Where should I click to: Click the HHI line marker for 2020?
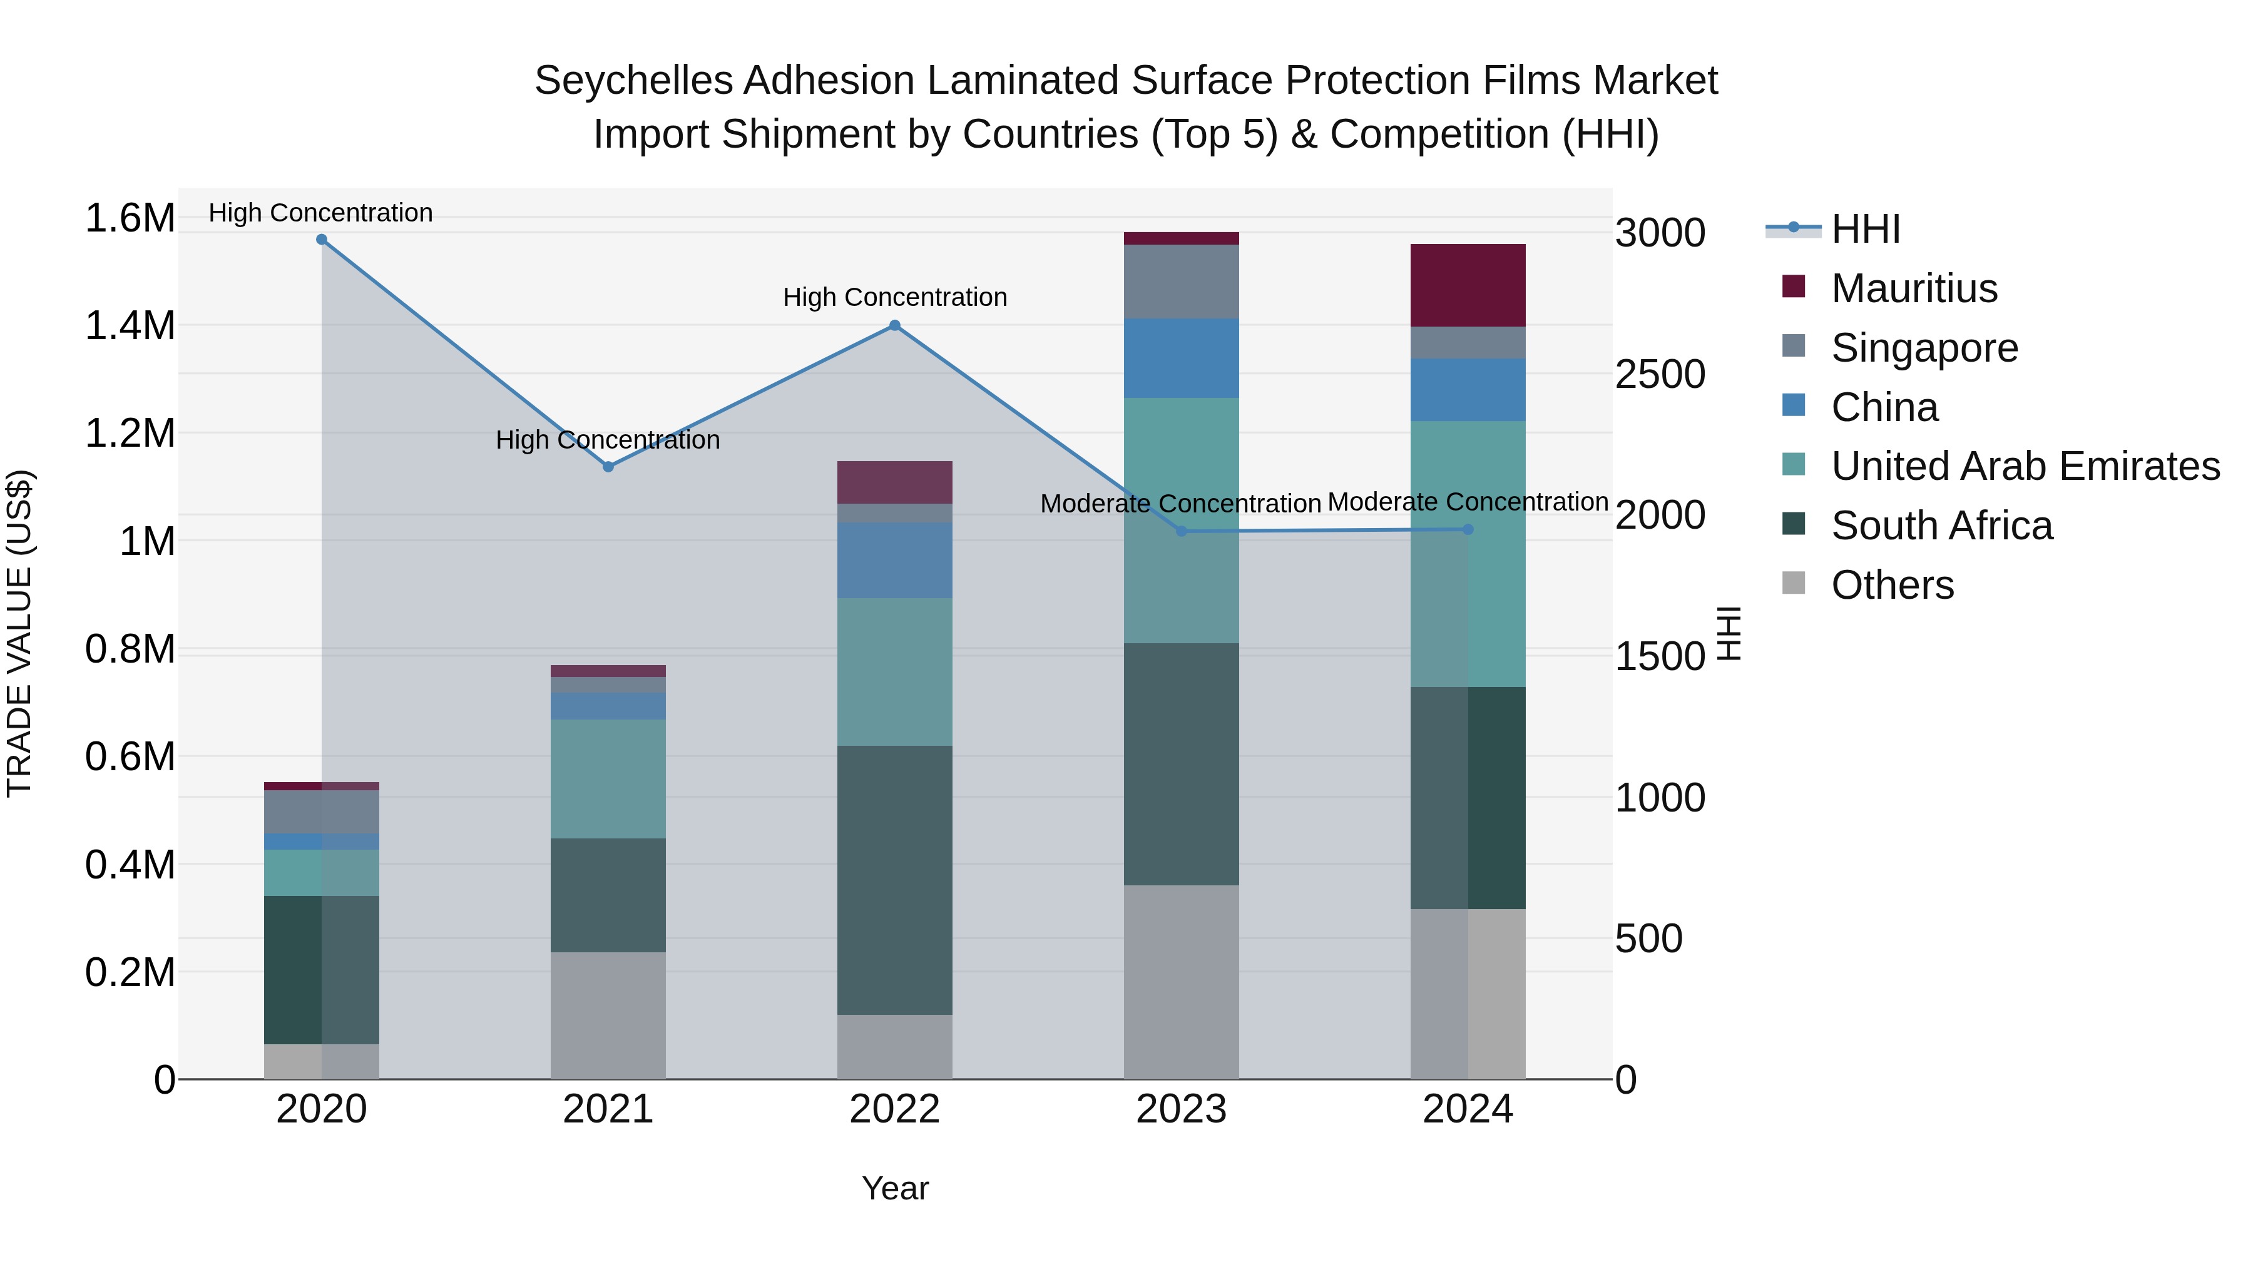[x=322, y=240]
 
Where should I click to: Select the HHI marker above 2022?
[x=895, y=325]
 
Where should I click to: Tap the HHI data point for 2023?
[x=1182, y=532]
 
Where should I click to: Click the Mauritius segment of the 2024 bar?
[x=1468, y=285]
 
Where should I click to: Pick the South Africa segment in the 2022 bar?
[x=895, y=880]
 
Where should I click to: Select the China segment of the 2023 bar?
[x=1182, y=359]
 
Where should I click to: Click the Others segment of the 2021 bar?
[x=608, y=1015]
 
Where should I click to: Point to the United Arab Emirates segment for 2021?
[x=608, y=779]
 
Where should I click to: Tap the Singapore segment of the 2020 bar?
[x=322, y=812]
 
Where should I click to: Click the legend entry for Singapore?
[x=1924, y=348]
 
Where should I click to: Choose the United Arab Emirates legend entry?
[x=2025, y=466]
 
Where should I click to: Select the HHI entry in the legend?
[x=1865, y=229]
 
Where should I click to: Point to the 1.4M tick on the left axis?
[x=130, y=326]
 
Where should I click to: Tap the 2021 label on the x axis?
[x=608, y=1109]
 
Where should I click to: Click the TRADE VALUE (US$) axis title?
[x=19, y=633]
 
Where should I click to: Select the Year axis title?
[x=895, y=1188]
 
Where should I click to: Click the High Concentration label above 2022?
[x=895, y=297]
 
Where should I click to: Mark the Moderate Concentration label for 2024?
[x=1468, y=502]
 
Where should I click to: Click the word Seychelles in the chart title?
[x=633, y=81]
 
